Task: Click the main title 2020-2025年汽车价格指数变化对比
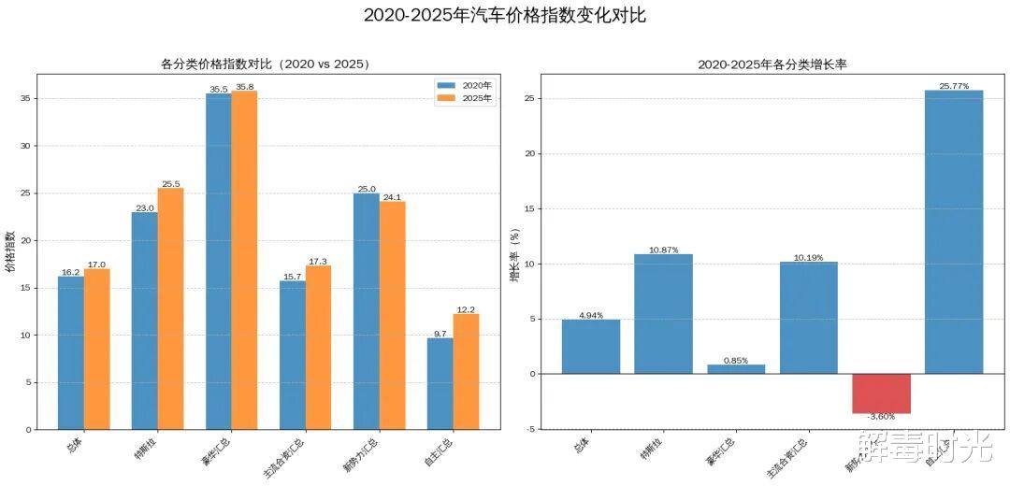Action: click(x=504, y=16)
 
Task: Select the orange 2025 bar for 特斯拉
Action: click(x=170, y=308)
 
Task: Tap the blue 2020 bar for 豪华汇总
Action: click(x=218, y=261)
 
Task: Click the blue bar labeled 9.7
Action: click(x=440, y=383)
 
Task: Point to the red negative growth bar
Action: click(x=881, y=393)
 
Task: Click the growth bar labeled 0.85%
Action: click(x=735, y=369)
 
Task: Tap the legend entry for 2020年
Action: click(x=465, y=85)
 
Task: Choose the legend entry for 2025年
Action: click(x=465, y=98)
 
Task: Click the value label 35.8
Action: click(x=244, y=87)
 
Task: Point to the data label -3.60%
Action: click(x=881, y=417)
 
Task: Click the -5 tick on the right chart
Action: click(x=529, y=429)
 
